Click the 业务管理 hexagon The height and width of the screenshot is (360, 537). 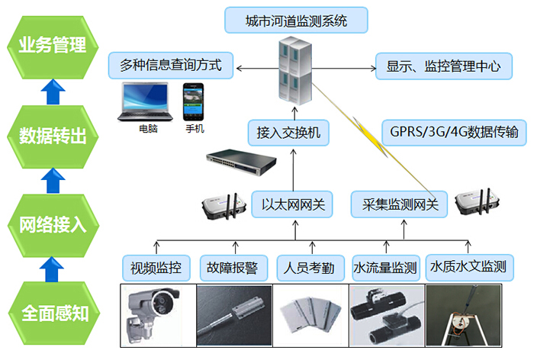pyautogui.click(x=52, y=45)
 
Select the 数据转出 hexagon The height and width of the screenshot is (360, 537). pyautogui.click(x=52, y=137)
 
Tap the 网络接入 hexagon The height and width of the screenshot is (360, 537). pyautogui.click(x=52, y=225)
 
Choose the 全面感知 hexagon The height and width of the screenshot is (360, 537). pyautogui.click(x=52, y=313)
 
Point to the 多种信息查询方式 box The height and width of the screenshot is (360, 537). pyautogui.click(x=170, y=66)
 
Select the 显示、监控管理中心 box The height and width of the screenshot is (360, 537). pyautogui.click(x=443, y=66)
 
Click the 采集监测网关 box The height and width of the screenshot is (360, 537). pyautogui.click(x=399, y=204)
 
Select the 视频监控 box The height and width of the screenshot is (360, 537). pyautogui.click(x=156, y=267)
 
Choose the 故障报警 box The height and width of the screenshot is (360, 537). pyautogui.click(x=233, y=267)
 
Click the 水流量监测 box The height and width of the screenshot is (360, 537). pyautogui.click(x=385, y=267)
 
